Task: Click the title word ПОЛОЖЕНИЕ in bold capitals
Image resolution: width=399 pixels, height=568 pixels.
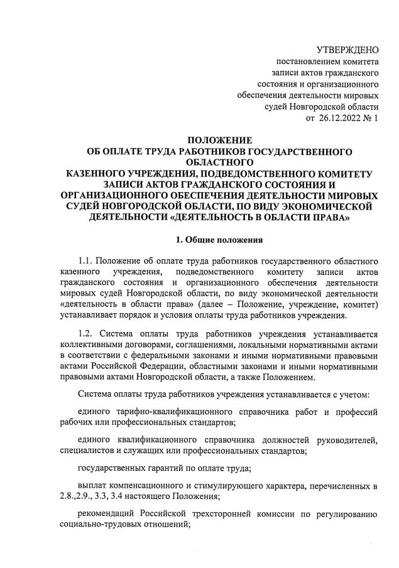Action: (x=219, y=140)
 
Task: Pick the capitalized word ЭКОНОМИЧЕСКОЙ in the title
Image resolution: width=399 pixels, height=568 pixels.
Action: (x=331, y=206)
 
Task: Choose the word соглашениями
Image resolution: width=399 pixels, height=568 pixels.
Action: (x=195, y=345)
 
